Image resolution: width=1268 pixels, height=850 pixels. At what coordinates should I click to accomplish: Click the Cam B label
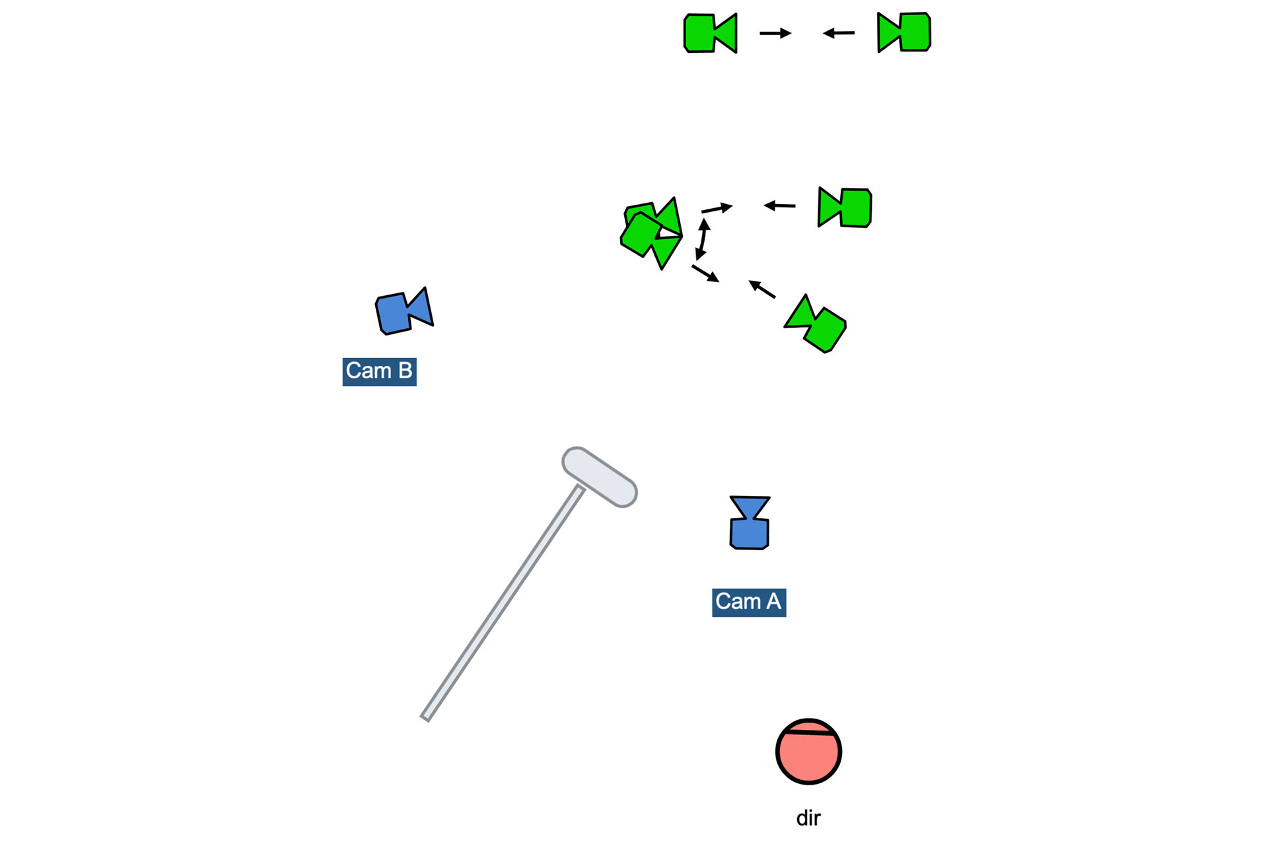379,371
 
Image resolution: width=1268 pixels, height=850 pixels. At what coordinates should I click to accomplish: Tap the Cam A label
748,602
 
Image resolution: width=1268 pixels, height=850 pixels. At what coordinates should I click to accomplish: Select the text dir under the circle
808,818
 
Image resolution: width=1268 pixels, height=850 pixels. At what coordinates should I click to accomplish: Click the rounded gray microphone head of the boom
599,477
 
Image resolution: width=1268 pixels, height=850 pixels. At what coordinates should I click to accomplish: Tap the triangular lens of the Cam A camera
750,507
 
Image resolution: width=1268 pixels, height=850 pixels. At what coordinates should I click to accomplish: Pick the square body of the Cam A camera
749,534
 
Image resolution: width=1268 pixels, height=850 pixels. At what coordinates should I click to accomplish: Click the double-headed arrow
702,239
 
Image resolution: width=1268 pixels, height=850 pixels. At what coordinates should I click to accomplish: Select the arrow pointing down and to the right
705,273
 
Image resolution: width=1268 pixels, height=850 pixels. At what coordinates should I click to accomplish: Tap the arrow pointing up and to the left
761,289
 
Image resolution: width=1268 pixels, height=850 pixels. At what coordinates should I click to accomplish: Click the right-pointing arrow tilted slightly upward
717,209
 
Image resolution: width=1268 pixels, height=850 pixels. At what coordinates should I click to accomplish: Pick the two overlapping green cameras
651,232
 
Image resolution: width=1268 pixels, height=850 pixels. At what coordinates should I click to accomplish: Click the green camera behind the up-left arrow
816,325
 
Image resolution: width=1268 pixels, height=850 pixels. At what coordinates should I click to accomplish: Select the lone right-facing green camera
709,33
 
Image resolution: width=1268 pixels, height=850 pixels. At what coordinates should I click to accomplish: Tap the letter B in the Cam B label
405,371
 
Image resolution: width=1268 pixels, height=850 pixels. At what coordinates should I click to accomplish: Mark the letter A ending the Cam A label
773,602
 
